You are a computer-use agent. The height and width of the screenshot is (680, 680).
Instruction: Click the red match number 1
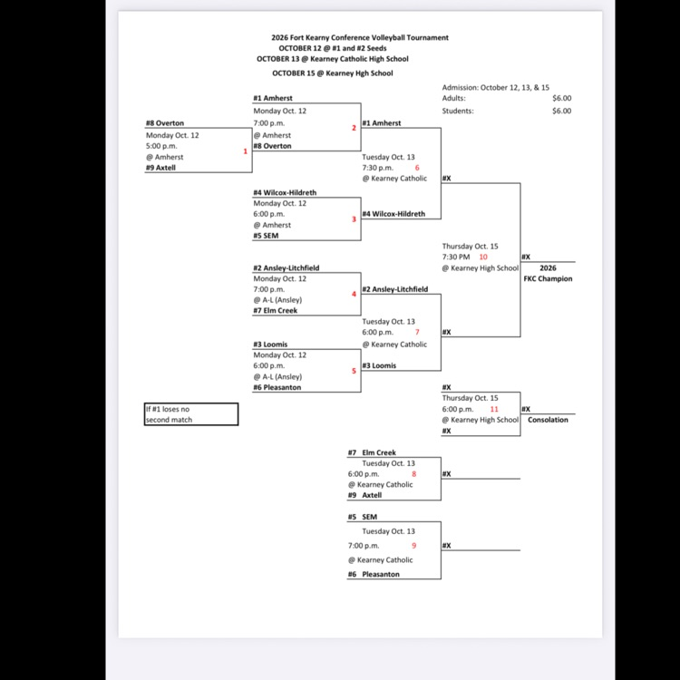tap(245, 151)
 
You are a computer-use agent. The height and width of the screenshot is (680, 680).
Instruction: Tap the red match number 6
tap(417, 168)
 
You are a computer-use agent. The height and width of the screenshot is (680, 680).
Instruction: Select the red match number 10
tap(483, 257)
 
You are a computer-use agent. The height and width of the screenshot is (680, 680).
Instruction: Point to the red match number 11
tap(494, 409)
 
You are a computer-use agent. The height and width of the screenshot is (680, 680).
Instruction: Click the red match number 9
tap(413, 546)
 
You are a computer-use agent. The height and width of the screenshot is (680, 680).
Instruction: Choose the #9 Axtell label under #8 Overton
tap(160, 168)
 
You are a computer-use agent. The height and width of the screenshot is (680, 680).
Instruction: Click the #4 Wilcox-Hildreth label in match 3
tap(285, 192)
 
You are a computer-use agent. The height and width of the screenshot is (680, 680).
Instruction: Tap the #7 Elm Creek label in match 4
tap(276, 310)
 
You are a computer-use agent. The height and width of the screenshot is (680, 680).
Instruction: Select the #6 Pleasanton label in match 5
tap(277, 387)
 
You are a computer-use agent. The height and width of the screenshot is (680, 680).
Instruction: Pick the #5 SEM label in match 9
tap(363, 517)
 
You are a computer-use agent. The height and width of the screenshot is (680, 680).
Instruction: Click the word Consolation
tap(548, 420)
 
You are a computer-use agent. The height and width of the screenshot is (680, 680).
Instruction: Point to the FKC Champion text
tap(548, 279)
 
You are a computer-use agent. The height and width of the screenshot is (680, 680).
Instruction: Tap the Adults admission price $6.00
tap(561, 99)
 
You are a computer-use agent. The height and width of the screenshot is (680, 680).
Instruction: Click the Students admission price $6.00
tap(561, 111)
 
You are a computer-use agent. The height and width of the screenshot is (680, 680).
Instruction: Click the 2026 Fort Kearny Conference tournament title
tap(360, 38)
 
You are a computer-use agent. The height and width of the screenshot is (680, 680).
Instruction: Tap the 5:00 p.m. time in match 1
tap(161, 146)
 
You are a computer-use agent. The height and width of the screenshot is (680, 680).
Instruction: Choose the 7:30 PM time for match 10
tap(456, 257)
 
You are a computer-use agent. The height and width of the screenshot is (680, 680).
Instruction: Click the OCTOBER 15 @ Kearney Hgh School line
tap(333, 73)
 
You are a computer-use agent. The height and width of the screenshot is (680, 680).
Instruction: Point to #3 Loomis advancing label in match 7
tap(379, 365)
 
